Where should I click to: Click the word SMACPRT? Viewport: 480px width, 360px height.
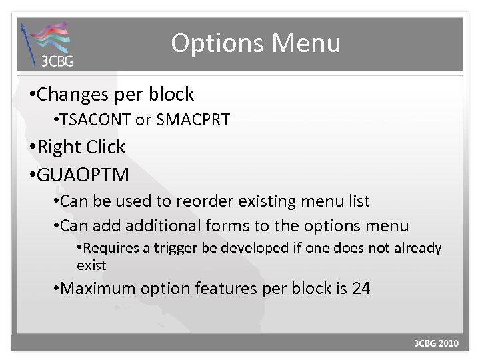click(x=192, y=121)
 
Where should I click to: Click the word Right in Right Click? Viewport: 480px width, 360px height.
click(x=58, y=147)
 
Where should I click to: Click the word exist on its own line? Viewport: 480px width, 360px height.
click(x=91, y=265)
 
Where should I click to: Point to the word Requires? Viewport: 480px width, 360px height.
click(x=111, y=249)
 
